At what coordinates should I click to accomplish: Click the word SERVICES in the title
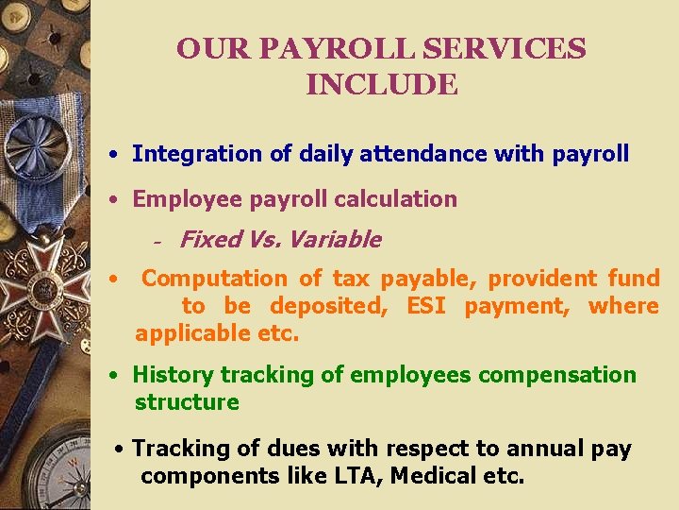[x=510, y=48]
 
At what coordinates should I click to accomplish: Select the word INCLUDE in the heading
[x=382, y=85]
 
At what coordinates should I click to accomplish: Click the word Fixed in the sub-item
[x=209, y=240]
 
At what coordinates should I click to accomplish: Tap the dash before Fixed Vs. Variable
[x=158, y=242]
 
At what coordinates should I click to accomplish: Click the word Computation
[x=214, y=279]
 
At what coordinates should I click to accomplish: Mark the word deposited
[x=327, y=306]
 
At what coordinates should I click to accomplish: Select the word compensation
[x=556, y=375]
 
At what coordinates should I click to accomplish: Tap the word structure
[x=187, y=402]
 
